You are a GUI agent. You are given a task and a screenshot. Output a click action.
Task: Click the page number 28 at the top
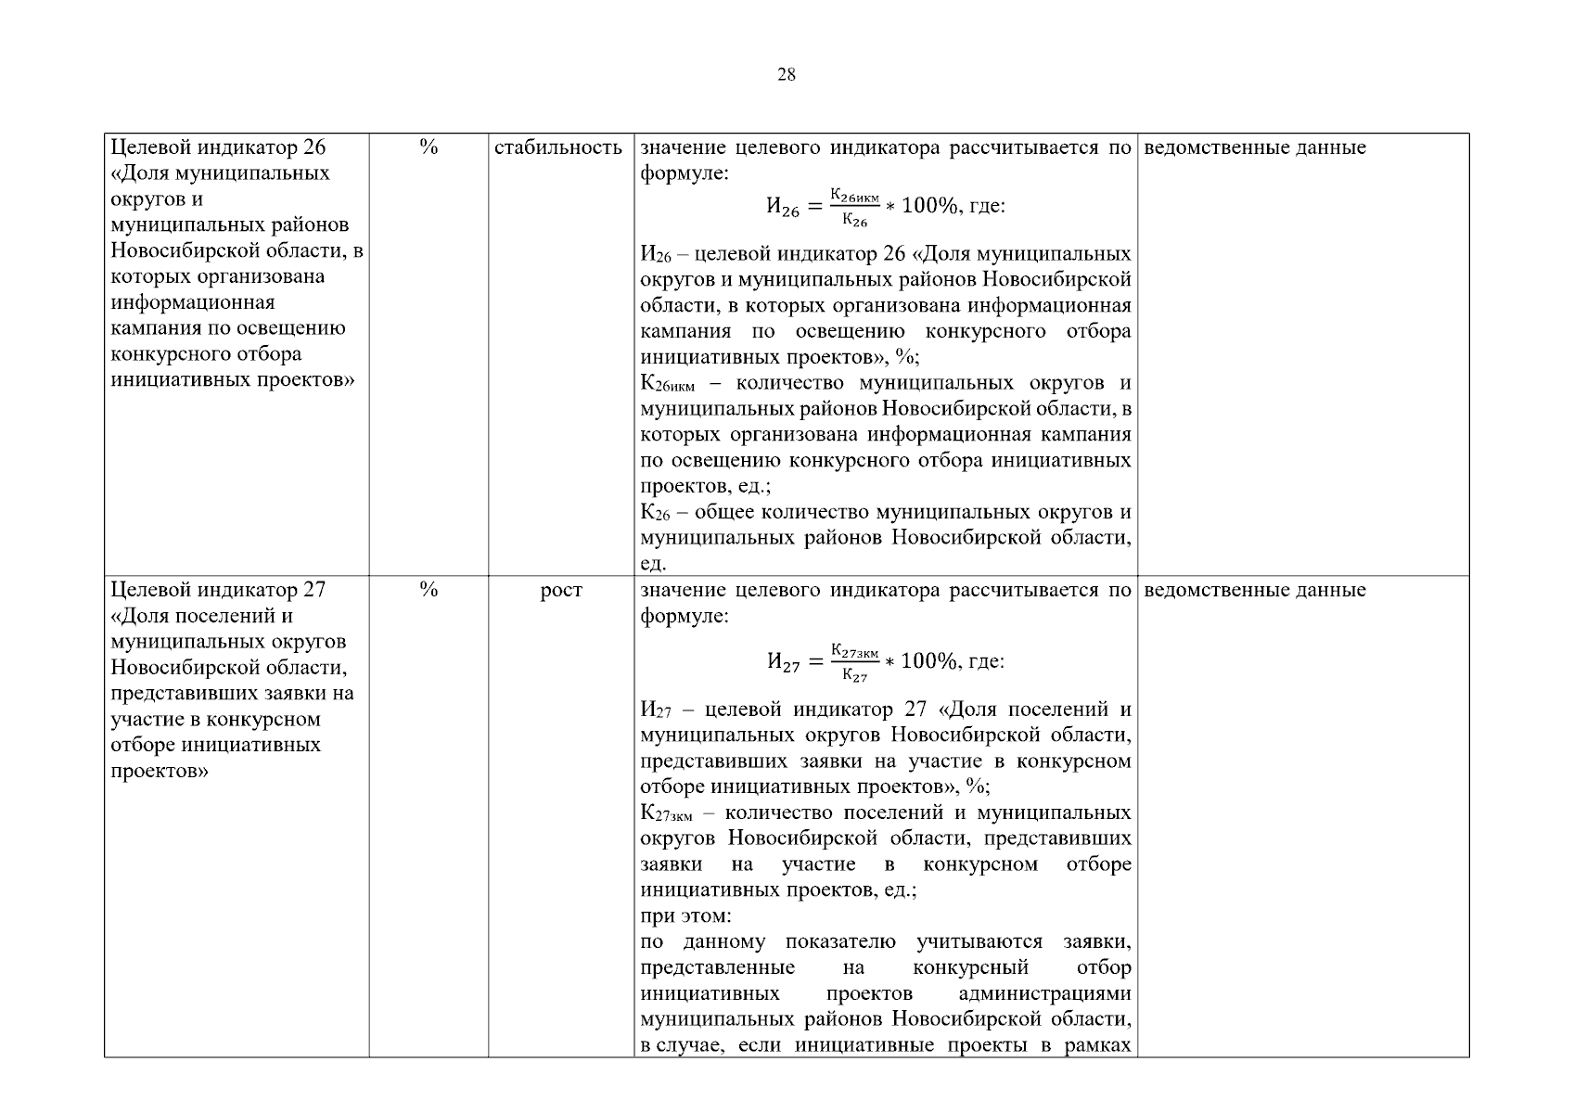786,75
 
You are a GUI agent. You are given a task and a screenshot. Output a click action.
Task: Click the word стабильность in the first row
558,147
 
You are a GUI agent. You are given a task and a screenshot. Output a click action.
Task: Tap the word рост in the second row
561,590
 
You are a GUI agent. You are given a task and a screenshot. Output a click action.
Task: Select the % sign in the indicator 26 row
429,147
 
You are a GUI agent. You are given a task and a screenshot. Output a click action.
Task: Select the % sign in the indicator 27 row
429,590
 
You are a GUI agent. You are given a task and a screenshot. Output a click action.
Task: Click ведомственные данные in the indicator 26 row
1256,147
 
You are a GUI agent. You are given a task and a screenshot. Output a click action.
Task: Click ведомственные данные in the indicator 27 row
1256,590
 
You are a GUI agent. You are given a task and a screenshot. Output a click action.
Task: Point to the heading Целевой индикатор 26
218,147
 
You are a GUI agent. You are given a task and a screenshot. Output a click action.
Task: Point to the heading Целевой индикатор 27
218,590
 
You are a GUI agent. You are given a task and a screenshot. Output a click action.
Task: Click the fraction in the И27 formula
854,662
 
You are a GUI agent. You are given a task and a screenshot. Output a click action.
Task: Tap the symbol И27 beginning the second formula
782,662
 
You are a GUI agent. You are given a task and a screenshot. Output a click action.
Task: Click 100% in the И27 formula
928,661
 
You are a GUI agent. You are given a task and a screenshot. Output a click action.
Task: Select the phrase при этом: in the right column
685,916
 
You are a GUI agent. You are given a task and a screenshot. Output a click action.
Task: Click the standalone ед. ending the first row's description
653,564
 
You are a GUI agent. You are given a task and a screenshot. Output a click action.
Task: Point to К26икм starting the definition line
667,384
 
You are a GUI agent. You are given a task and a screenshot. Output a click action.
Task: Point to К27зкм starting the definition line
666,813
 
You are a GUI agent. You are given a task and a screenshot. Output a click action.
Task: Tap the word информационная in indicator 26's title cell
193,302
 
